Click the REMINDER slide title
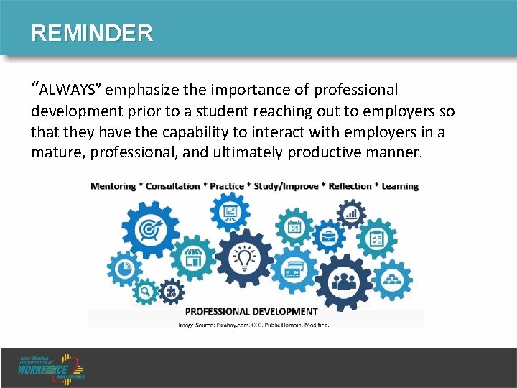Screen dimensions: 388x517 [92, 33]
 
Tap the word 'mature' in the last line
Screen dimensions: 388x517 [55, 152]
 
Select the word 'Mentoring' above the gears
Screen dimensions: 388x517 [113, 186]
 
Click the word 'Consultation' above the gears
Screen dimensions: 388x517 [172, 186]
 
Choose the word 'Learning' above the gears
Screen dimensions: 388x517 [400, 186]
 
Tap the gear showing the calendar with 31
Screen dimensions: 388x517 [295, 228]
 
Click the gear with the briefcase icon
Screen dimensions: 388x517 [329, 236]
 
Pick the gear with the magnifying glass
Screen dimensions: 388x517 [146, 291]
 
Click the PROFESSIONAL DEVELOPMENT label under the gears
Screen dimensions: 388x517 [251, 312]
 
